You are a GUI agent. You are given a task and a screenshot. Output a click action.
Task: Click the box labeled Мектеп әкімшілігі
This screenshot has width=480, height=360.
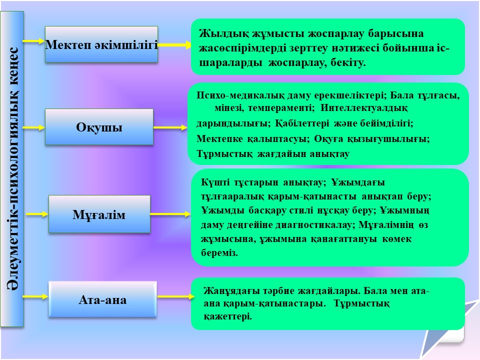(x=101, y=44)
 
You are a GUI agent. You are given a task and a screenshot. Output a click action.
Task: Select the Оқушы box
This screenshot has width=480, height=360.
(x=99, y=126)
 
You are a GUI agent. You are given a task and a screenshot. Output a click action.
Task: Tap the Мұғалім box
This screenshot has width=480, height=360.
(x=99, y=214)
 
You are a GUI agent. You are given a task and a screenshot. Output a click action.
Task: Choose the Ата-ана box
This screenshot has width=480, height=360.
(x=102, y=299)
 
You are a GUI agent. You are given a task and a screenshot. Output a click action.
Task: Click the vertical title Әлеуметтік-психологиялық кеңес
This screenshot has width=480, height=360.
(x=12, y=169)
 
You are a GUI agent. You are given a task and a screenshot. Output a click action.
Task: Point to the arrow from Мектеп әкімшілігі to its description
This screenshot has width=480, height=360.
(x=174, y=45)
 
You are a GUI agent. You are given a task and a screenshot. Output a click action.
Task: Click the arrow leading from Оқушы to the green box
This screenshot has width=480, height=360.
(x=170, y=127)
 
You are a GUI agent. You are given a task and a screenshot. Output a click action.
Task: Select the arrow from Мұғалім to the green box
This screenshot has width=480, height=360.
(x=170, y=214)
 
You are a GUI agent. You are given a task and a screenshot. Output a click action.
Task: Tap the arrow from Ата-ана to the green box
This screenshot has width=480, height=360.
(x=176, y=296)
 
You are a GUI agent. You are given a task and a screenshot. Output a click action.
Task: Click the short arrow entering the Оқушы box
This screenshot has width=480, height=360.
(x=34, y=127)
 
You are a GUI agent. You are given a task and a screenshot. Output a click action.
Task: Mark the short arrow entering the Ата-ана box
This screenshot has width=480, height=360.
(x=35, y=296)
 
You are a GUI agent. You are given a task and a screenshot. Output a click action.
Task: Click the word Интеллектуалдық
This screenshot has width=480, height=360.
(x=364, y=108)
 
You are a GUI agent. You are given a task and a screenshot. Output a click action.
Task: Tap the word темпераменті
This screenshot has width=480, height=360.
(x=281, y=108)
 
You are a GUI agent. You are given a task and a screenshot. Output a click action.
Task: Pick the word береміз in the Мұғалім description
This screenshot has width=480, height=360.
(x=219, y=253)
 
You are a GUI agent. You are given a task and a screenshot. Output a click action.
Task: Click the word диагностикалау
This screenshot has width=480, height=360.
(x=315, y=225)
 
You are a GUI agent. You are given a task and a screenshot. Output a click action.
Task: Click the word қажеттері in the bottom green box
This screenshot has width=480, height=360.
(x=228, y=316)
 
